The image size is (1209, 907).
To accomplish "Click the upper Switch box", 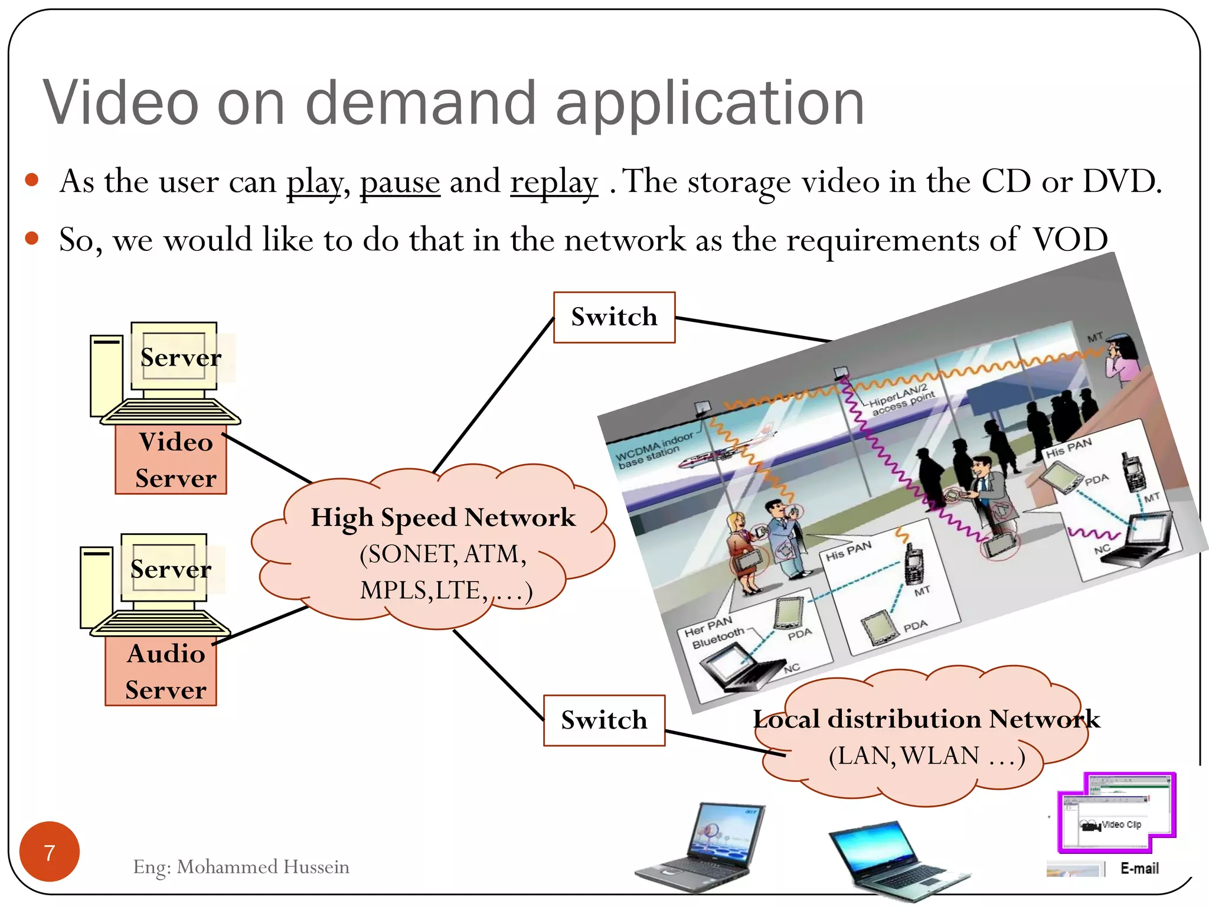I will pos(614,317).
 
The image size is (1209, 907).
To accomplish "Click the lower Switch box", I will pos(604,720).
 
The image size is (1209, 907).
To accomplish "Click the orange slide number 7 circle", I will pos(50,851).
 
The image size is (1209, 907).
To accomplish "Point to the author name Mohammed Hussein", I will pos(263,867).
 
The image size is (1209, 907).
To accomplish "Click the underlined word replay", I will pos(554,182).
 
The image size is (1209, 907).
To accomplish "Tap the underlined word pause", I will pos(400,182).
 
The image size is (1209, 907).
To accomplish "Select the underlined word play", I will pos(314,182).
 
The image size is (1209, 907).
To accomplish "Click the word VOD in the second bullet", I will pos(1070,240).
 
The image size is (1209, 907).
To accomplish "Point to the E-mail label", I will pos(1139,868).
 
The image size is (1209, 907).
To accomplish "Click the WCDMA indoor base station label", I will pos(653,450).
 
